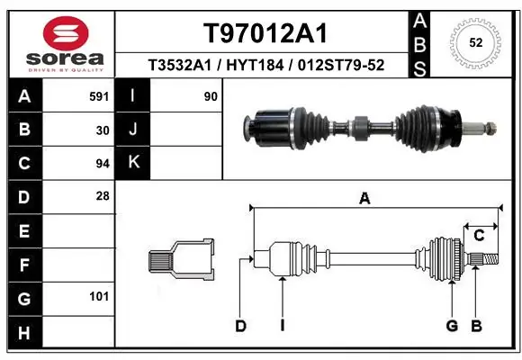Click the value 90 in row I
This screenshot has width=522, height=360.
click(211, 96)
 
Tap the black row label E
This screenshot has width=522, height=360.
click(23, 230)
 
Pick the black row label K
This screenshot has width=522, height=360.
click(133, 163)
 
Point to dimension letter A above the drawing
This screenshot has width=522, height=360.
click(364, 199)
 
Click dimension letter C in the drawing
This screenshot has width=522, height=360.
click(480, 236)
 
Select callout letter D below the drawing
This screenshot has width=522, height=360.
click(240, 326)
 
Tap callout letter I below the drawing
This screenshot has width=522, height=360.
click(282, 326)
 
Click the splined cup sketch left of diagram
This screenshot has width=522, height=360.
click(181, 260)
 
